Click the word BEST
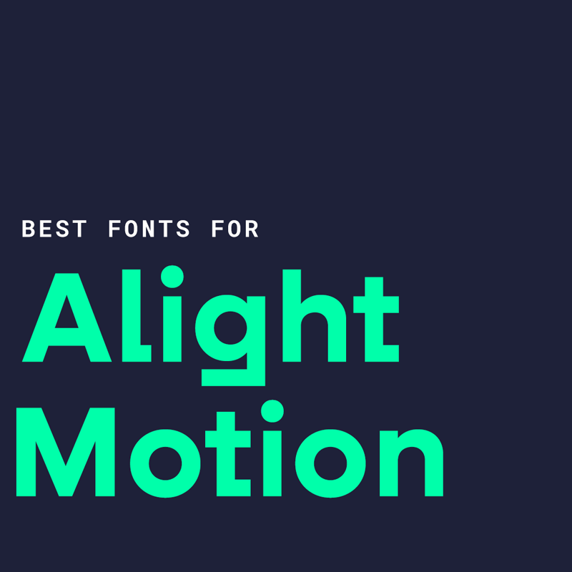(54, 230)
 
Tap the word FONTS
(149, 230)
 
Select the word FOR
(235, 230)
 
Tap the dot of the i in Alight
(172, 276)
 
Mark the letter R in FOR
(251, 230)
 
